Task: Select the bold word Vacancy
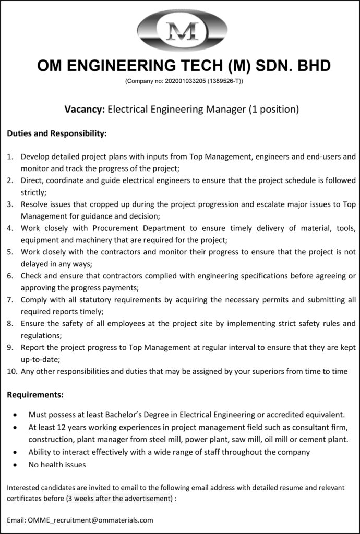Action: click(x=84, y=110)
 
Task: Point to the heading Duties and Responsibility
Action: click(x=57, y=133)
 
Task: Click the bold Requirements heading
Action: click(x=35, y=395)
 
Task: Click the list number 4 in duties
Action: click(x=10, y=228)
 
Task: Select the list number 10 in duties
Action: click(x=11, y=371)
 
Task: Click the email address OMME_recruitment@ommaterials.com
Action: click(x=91, y=520)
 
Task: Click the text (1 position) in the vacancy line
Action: click(x=273, y=110)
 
